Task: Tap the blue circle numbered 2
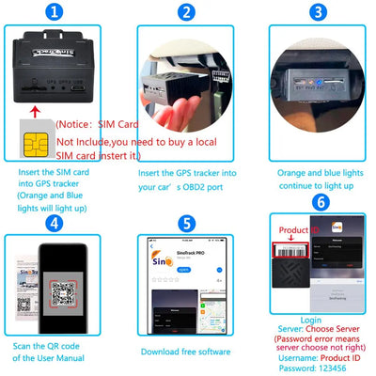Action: tap(186, 12)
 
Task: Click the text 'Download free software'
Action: tap(186, 351)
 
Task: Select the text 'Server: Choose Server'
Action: tap(316, 330)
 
